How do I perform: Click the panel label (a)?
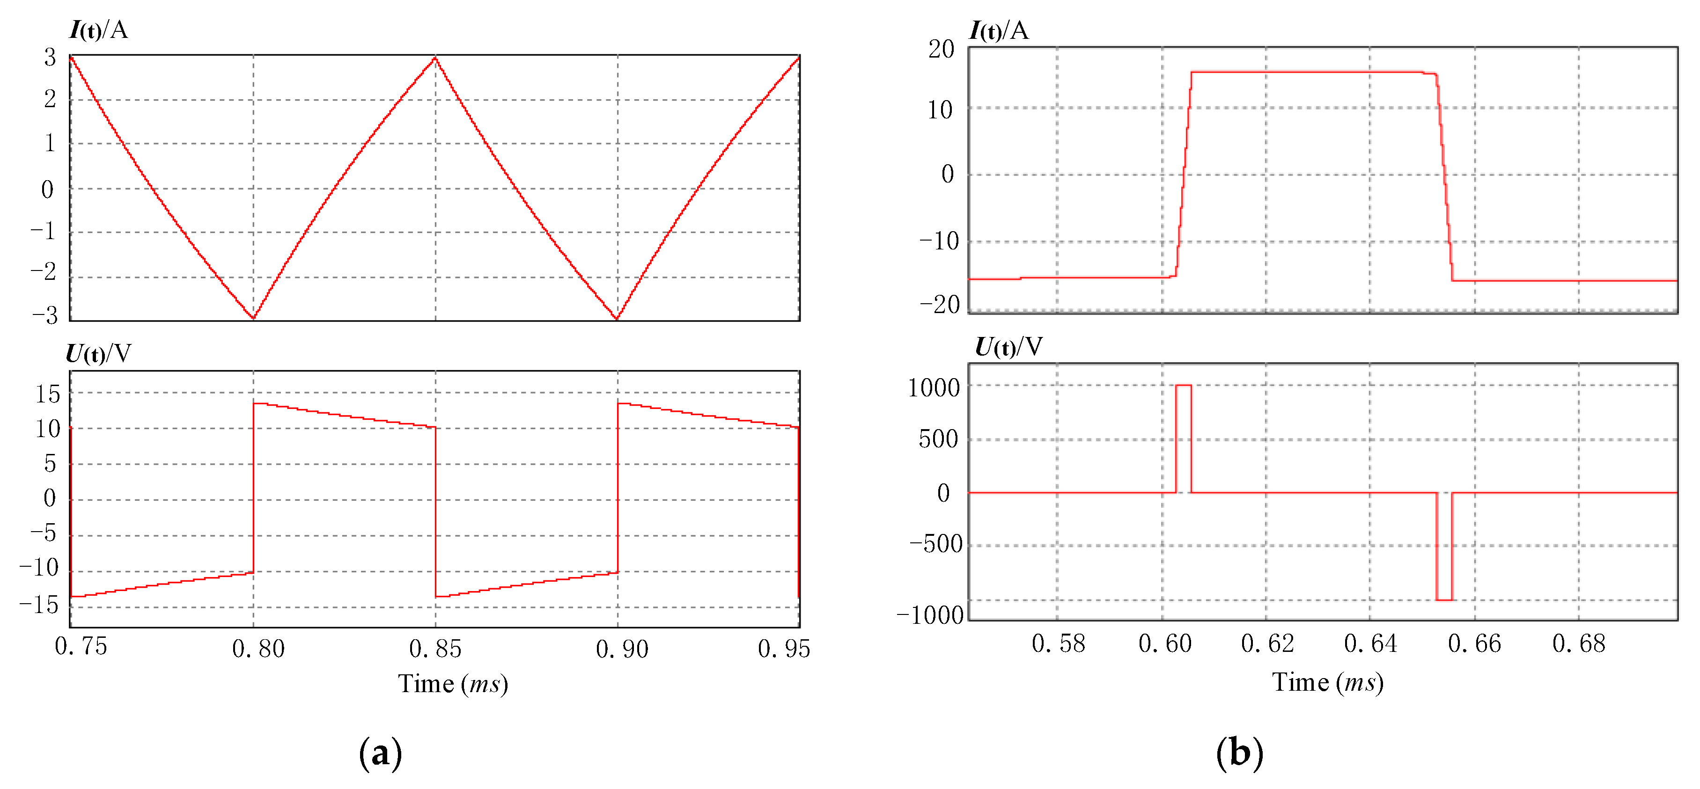coord(380,752)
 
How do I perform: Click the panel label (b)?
coord(1239,752)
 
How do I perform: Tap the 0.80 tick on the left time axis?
coord(258,649)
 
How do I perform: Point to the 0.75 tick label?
coord(81,646)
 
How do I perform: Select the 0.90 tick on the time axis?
coord(622,649)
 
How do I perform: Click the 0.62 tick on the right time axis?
coord(1267,643)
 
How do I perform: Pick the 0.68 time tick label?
coord(1579,643)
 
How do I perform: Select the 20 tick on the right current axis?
coord(941,49)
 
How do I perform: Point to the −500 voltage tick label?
coord(936,544)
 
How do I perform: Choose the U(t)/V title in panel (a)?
coord(98,354)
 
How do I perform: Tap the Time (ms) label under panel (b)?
coord(1327,682)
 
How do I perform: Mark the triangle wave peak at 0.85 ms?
coord(435,58)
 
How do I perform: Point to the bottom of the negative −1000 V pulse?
coord(1444,599)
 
